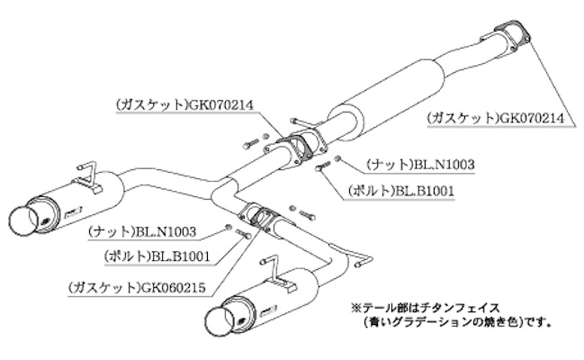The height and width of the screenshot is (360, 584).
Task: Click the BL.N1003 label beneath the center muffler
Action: tap(419, 166)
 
